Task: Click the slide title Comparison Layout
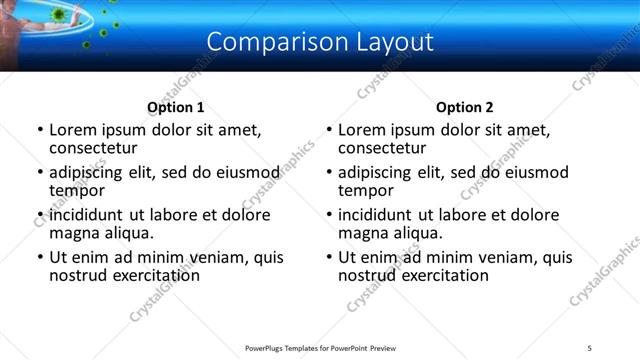[x=320, y=41]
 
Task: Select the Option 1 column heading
[x=176, y=107]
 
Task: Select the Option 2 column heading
[x=465, y=107]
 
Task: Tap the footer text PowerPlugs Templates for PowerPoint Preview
[x=320, y=348]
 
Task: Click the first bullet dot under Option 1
[x=39, y=131]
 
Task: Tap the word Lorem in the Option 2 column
[x=362, y=130]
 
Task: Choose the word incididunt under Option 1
[x=87, y=215]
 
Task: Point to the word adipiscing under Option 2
[x=376, y=173]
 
